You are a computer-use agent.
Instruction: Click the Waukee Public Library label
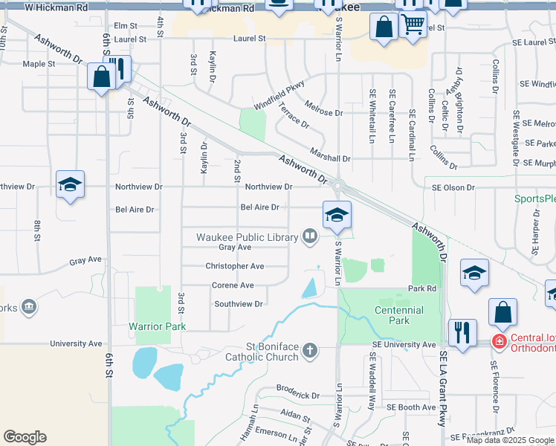pyautogui.click(x=247, y=237)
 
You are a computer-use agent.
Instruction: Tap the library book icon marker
pyautogui.click(x=310, y=237)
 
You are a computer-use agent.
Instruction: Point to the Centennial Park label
pyautogui.click(x=399, y=315)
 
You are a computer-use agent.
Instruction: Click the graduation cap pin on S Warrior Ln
pyautogui.click(x=337, y=216)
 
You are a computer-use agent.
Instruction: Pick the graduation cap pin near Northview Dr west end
pyautogui.click(x=70, y=185)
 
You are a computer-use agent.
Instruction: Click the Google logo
pyautogui.click(x=25, y=437)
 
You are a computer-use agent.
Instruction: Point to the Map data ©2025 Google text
pyautogui.click(x=511, y=440)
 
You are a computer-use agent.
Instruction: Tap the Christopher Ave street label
pyautogui.click(x=235, y=266)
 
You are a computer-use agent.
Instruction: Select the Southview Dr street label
pyautogui.click(x=239, y=304)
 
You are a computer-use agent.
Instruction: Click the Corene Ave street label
pyautogui.click(x=233, y=285)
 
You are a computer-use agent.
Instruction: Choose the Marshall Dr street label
pyautogui.click(x=331, y=158)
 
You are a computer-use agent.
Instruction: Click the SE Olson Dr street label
pyautogui.click(x=456, y=187)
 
